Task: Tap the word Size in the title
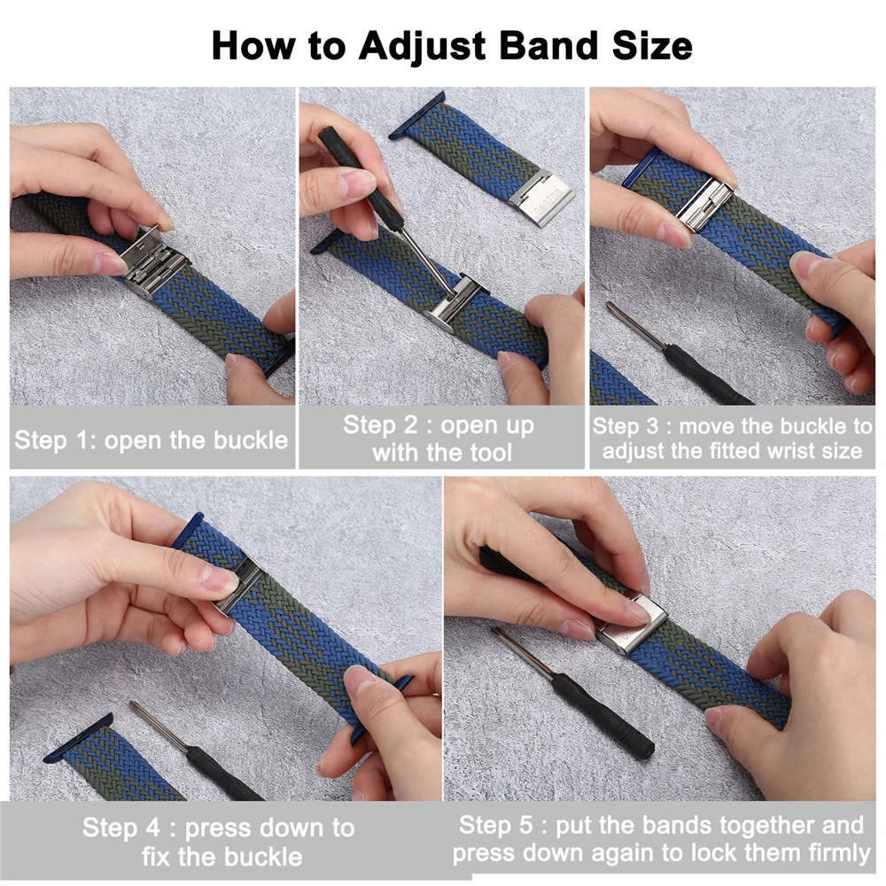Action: coord(649,45)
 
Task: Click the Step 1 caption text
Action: coord(152,439)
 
